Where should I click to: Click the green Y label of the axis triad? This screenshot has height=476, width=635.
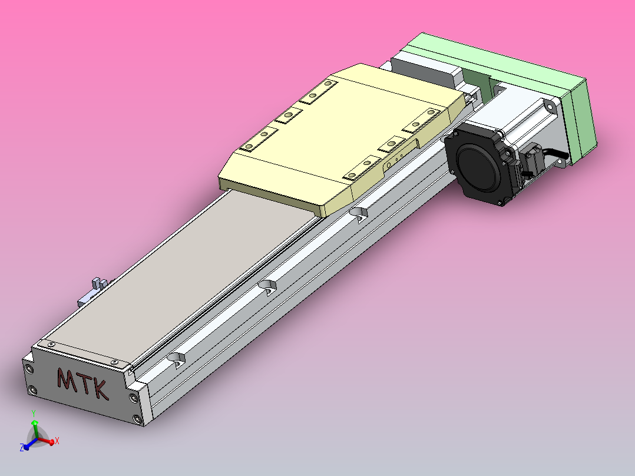[x=34, y=412]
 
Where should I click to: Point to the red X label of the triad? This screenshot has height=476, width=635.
[x=57, y=441]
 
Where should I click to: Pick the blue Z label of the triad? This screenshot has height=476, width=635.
[x=22, y=448]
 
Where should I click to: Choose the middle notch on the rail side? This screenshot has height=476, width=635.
[x=267, y=286]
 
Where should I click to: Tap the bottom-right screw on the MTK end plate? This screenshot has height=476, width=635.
[x=138, y=419]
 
